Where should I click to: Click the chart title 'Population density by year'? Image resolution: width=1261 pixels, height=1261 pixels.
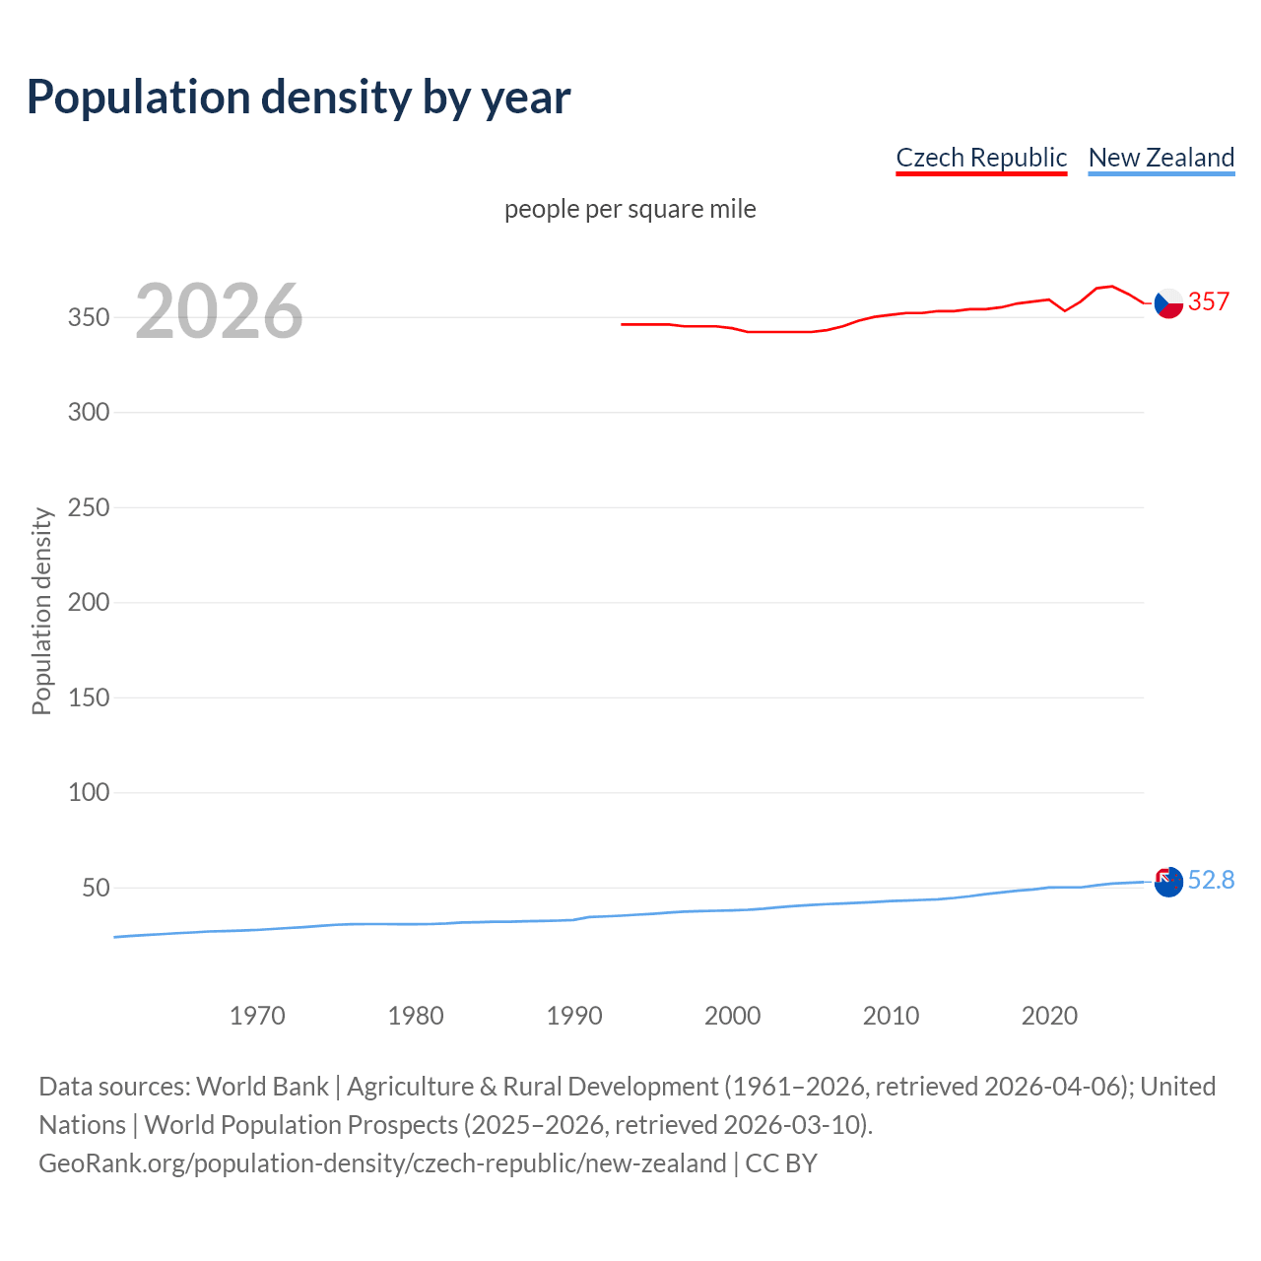point(299,98)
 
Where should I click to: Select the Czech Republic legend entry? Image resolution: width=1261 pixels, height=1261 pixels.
point(981,158)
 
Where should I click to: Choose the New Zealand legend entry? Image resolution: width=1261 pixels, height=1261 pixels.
point(1161,158)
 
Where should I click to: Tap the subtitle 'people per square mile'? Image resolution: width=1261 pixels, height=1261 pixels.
point(630,209)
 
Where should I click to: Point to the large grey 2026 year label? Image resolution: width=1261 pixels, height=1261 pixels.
point(219,311)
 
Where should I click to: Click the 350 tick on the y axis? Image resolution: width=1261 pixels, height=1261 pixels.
point(89,317)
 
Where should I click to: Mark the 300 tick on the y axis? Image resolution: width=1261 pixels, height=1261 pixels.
point(89,412)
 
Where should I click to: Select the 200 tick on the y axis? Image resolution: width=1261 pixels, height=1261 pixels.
point(89,602)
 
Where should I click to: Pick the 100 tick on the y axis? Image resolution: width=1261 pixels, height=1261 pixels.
point(89,792)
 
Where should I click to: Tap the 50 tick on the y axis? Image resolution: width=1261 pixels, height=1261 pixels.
point(96,888)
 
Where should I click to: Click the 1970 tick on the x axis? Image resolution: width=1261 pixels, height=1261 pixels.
point(257,1016)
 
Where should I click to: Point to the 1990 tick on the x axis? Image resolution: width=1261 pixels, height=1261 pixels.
point(574,1016)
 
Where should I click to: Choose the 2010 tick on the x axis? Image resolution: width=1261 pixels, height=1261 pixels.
point(891,1016)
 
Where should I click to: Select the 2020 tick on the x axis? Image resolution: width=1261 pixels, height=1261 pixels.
point(1049,1016)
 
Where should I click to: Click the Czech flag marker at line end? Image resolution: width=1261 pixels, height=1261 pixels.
point(1168,303)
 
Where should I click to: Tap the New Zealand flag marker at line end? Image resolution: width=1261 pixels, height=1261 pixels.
point(1168,882)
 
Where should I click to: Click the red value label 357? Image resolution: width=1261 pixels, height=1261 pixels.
point(1209,301)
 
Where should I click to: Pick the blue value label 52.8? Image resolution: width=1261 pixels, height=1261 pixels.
point(1211,880)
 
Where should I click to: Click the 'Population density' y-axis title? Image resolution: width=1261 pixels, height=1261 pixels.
point(41,611)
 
